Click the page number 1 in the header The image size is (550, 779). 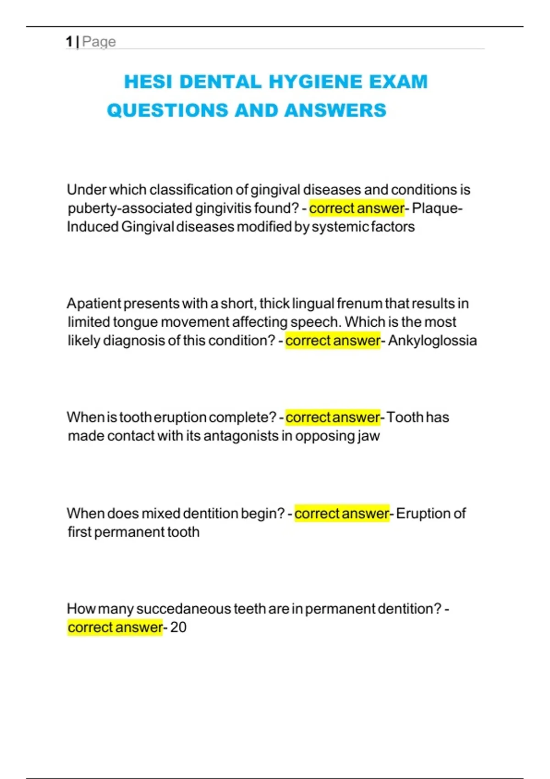click(69, 42)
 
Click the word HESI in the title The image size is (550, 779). click(148, 82)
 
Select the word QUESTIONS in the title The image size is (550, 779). click(167, 110)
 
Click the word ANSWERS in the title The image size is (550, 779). click(335, 110)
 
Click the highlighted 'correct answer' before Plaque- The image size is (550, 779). click(357, 208)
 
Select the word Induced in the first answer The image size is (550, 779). click(93, 227)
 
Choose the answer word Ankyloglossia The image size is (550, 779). click(432, 341)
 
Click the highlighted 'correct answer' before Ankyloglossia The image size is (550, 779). click(333, 341)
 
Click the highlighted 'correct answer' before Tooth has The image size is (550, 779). click(333, 417)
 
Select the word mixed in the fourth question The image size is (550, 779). click(161, 514)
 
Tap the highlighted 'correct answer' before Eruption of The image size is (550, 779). click(342, 514)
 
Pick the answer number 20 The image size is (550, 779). click(178, 627)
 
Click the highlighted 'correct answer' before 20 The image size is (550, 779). click(115, 627)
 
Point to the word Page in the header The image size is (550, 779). click(99, 42)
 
